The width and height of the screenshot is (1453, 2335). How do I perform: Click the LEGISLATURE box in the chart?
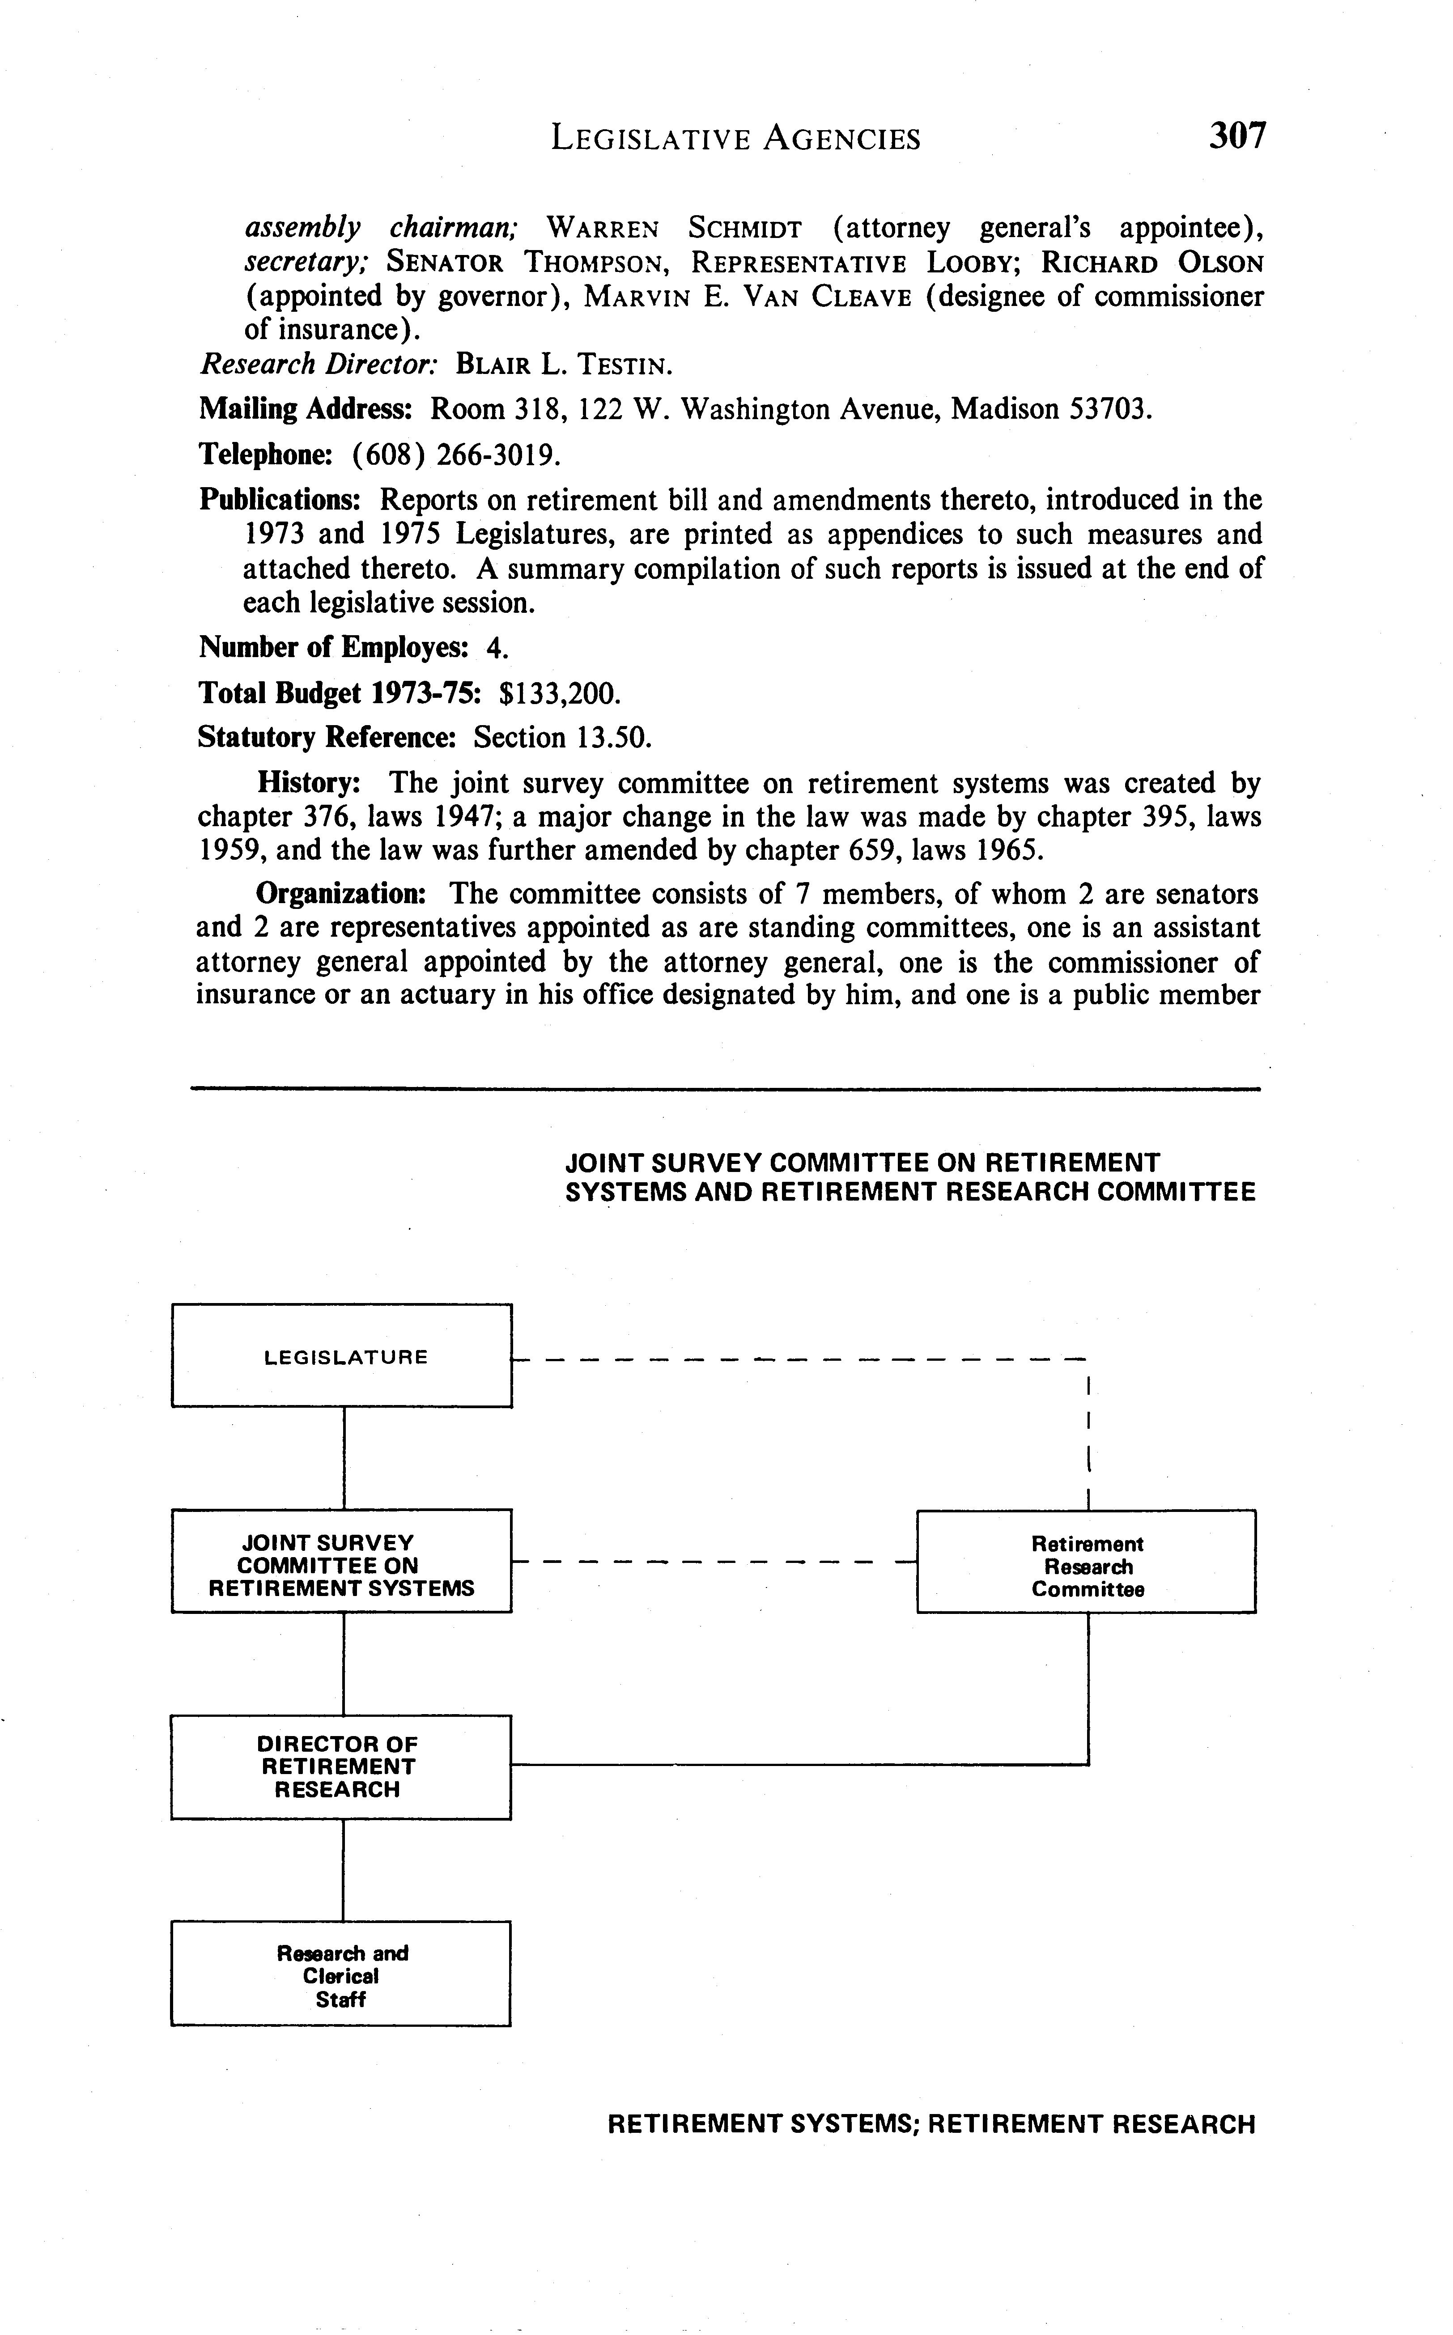[x=342, y=1356]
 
